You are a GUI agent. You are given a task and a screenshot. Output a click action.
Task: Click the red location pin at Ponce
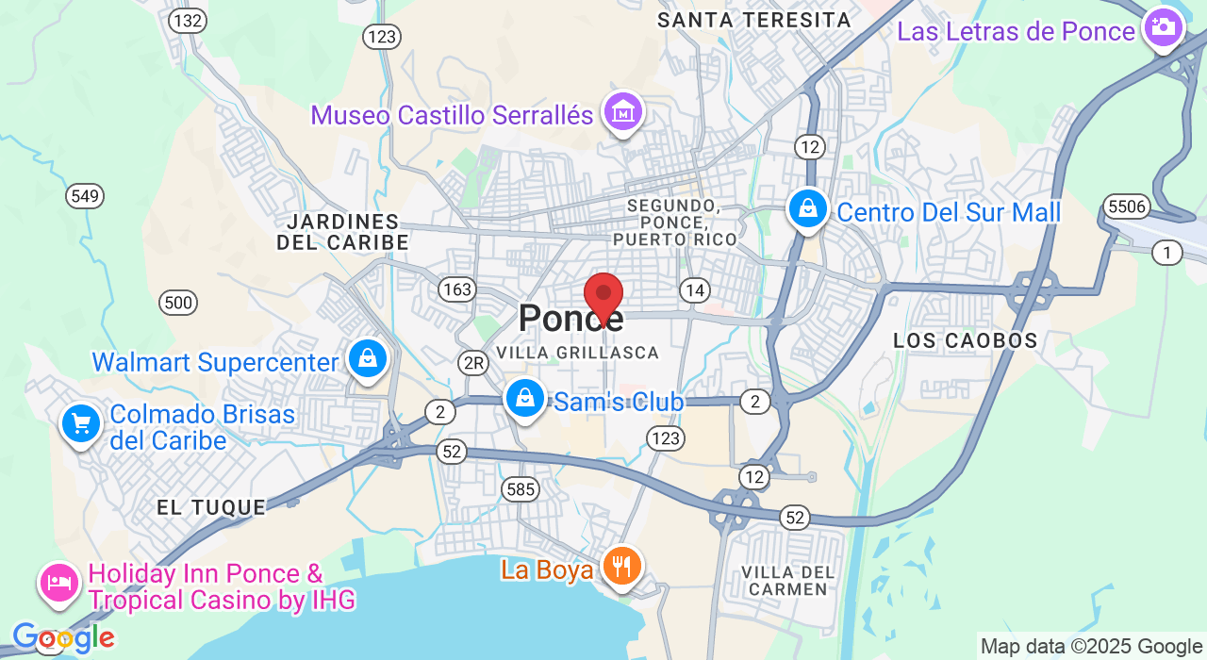click(x=603, y=296)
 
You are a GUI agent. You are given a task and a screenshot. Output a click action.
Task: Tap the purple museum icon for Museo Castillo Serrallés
click(x=623, y=112)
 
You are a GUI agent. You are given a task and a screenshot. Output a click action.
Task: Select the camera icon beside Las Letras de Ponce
click(x=1164, y=28)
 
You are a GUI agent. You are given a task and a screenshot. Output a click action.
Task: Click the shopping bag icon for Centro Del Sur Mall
click(x=808, y=210)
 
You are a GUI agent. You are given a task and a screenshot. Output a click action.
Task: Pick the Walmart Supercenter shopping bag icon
click(x=368, y=359)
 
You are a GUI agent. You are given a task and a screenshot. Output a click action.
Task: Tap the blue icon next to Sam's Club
click(x=525, y=399)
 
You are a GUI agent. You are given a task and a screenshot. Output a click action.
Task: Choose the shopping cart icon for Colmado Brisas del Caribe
click(x=81, y=424)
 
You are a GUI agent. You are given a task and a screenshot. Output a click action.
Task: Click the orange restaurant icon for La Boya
click(x=621, y=567)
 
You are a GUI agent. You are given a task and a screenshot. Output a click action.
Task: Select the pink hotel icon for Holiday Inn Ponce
click(x=58, y=583)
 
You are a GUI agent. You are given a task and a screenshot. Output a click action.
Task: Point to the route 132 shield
click(x=188, y=21)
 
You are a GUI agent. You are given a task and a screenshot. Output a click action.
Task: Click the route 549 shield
click(x=85, y=196)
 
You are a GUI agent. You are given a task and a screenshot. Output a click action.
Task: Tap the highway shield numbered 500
click(x=178, y=303)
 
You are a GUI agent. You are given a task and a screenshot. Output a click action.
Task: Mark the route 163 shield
click(x=457, y=289)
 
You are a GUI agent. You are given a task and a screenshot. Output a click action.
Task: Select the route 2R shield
click(x=472, y=362)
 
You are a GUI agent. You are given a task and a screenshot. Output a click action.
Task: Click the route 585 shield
click(x=521, y=488)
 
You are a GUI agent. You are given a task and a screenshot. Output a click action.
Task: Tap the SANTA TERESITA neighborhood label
click(x=753, y=20)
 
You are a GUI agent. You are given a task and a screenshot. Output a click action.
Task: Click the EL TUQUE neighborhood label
click(x=211, y=507)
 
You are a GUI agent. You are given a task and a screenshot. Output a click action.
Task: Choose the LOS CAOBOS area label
click(x=965, y=340)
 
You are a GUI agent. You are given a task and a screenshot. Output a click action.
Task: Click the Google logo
click(x=63, y=638)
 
